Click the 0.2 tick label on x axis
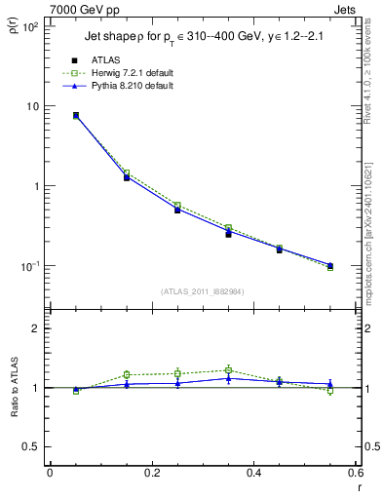point(151,473)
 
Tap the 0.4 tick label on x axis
point(253,473)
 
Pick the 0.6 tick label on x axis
point(355,473)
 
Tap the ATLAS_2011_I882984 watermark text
point(202,291)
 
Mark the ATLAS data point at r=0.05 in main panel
point(76,115)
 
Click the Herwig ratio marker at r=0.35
point(228,370)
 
